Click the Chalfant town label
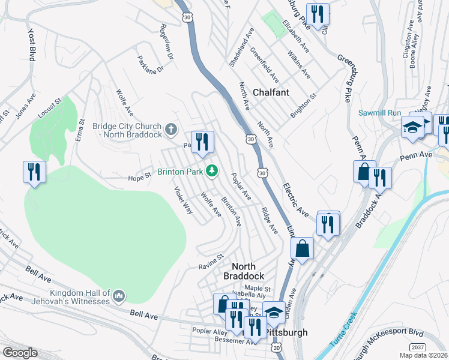pyautogui.click(x=271, y=92)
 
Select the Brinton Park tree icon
pyautogui.click(x=211, y=171)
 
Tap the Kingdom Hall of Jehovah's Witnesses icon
pyautogui.click(x=119, y=296)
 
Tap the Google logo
pyautogui.click(x=20, y=352)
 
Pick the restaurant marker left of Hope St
pyautogui.click(x=34, y=172)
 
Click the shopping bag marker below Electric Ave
pyautogui.click(x=303, y=248)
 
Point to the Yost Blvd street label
pyautogui.click(x=31, y=44)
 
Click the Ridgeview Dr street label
pyautogui.click(x=166, y=41)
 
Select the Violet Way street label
pyautogui.click(x=183, y=200)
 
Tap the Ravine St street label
pyautogui.click(x=211, y=261)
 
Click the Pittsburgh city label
pyautogui.click(x=282, y=332)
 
